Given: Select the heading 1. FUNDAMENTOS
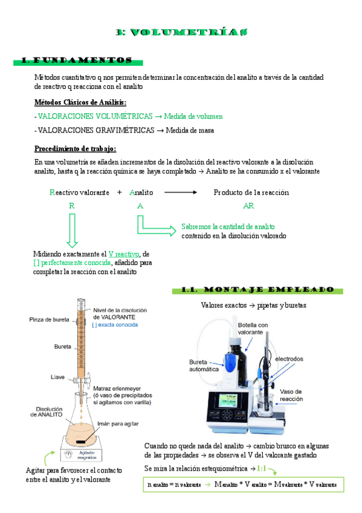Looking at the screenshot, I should click(x=77, y=60).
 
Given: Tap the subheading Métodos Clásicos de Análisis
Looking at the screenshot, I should click(x=80, y=102).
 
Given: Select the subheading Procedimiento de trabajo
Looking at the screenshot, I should click(x=75, y=149).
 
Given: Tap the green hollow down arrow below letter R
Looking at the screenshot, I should click(x=71, y=230).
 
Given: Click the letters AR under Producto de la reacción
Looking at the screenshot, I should click(x=248, y=206).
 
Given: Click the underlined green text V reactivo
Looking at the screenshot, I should click(x=124, y=253).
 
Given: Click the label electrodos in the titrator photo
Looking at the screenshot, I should click(x=289, y=359).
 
